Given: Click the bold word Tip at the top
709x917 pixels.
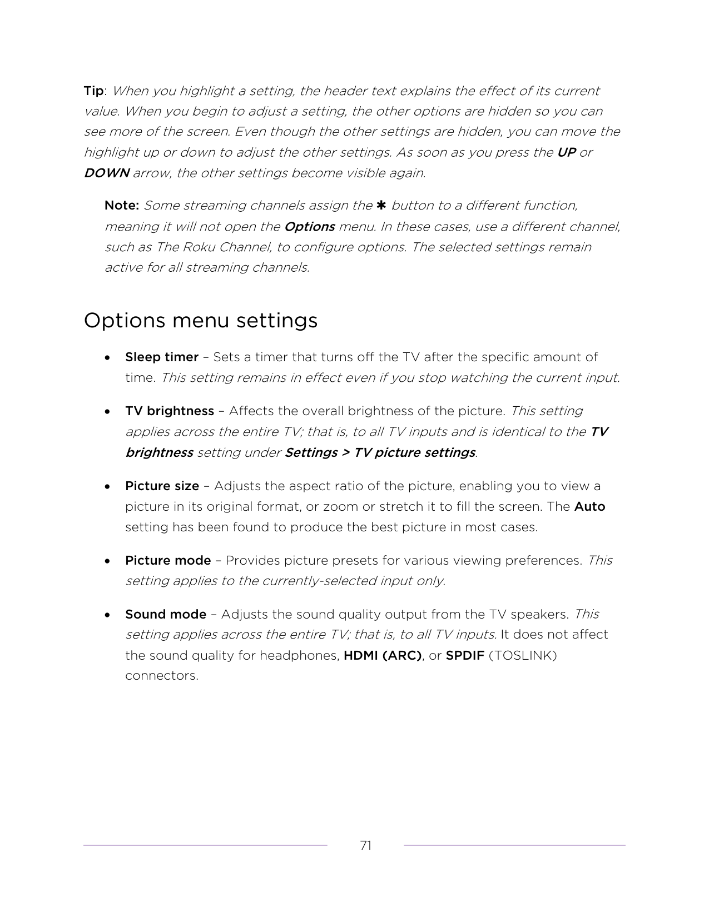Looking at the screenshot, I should [93, 91].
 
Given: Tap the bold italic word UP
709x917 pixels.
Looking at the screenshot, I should [566, 152].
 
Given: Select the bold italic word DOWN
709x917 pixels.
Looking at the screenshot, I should [106, 173].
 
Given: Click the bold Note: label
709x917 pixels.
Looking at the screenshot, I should [122, 206].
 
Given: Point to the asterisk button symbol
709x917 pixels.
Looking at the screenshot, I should [381, 206].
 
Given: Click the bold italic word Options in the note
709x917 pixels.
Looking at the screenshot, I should [309, 227].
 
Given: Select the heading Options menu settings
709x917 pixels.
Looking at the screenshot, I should [201, 321].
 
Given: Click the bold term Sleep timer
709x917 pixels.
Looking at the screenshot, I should [162, 357].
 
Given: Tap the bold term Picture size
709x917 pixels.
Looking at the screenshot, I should [162, 486].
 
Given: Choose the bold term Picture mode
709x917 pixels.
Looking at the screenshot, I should [168, 560].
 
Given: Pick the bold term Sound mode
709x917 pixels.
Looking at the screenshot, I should [166, 614].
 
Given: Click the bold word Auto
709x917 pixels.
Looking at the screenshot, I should [589, 507].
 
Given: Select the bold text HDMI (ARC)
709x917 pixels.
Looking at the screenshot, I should [383, 656].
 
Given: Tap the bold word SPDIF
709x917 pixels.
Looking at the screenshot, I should [465, 656].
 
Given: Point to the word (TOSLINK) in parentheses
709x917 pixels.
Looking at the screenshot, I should [523, 656].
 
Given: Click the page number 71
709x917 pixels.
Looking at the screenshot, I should [365, 846].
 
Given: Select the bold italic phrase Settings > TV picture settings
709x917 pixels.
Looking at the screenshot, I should [380, 452].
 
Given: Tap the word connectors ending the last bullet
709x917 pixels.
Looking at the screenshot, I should [161, 676].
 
